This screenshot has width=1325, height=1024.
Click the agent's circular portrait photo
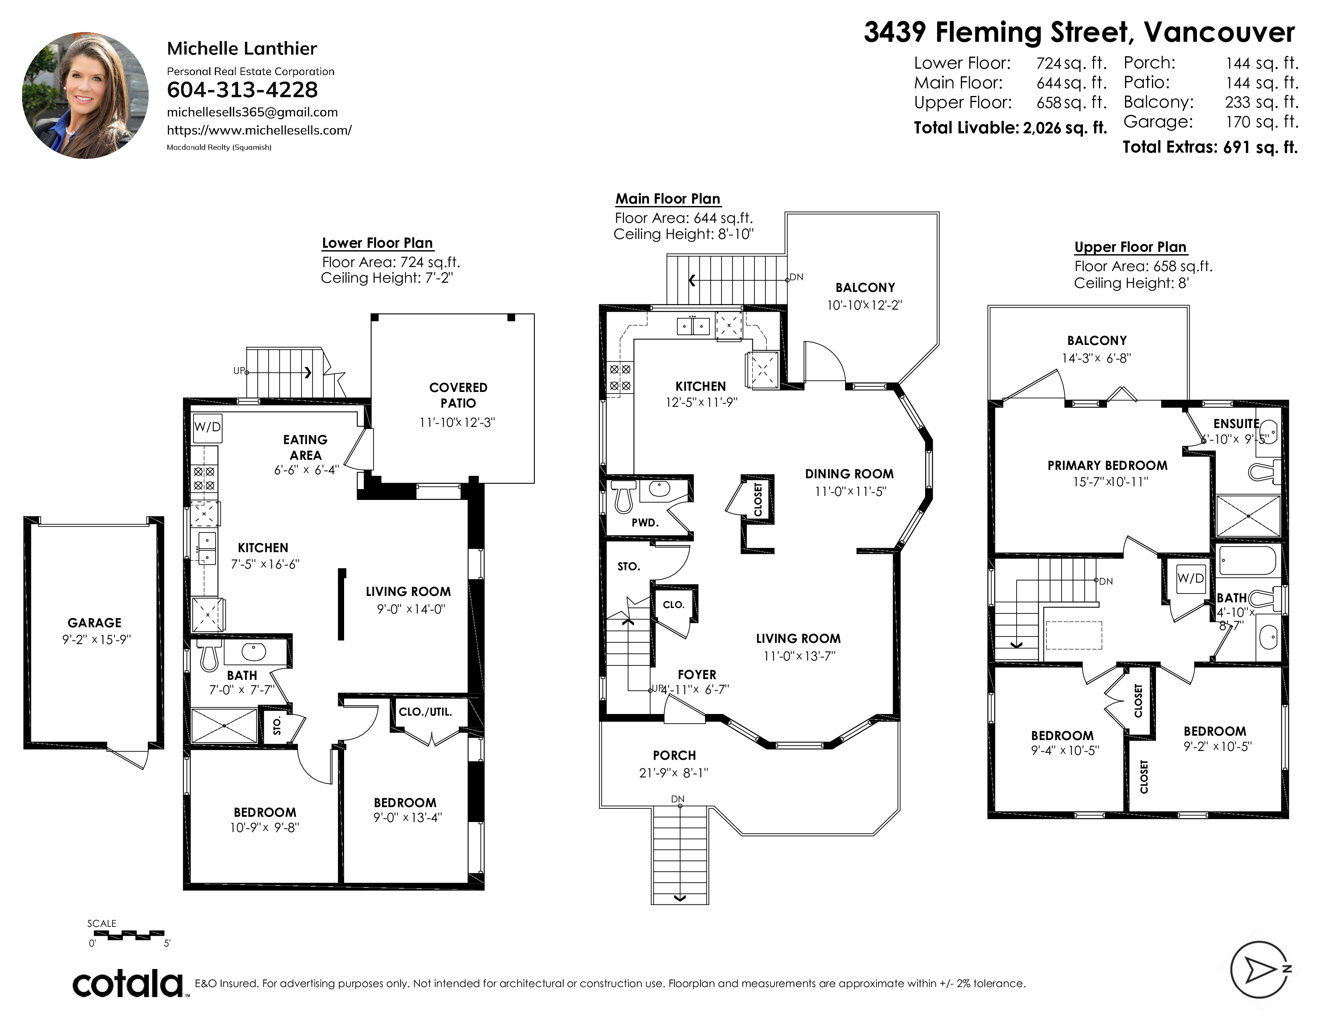(85, 96)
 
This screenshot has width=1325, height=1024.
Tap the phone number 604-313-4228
(242, 90)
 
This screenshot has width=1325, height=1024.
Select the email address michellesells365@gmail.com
(253, 112)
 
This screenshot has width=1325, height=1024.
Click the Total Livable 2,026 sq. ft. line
(1010, 128)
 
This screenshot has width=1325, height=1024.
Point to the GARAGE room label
(95, 622)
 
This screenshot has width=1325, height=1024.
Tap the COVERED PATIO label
(458, 395)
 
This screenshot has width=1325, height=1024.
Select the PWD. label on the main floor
(645, 522)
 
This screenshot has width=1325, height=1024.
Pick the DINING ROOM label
(849, 474)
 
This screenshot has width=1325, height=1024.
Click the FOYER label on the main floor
(697, 675)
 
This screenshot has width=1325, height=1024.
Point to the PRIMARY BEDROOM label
(1107, 465)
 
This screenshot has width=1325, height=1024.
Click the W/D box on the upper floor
(1190, 578)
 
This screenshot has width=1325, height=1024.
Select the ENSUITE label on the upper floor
(1236, 423)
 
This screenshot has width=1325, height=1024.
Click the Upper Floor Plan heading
(1130, 247)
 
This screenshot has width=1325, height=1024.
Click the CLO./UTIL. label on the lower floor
(425, 712)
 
